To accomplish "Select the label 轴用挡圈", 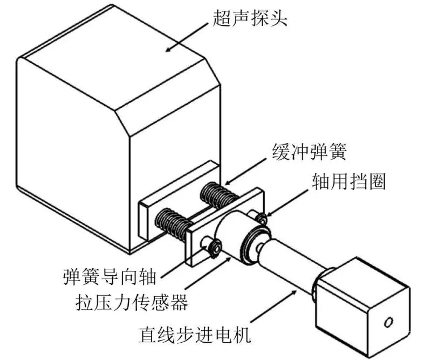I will click(348, 182).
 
